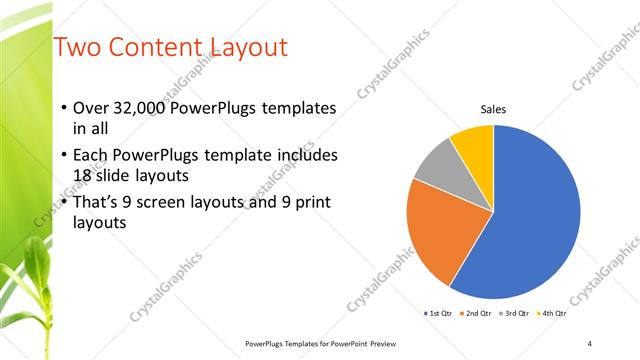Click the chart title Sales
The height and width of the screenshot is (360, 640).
pos(493,108)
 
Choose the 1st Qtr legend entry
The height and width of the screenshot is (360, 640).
pos(439,314)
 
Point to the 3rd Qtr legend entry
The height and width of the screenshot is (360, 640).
pos(514,314)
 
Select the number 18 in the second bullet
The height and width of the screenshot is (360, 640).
pos(84,174)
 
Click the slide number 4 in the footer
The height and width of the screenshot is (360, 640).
pos(590,343)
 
